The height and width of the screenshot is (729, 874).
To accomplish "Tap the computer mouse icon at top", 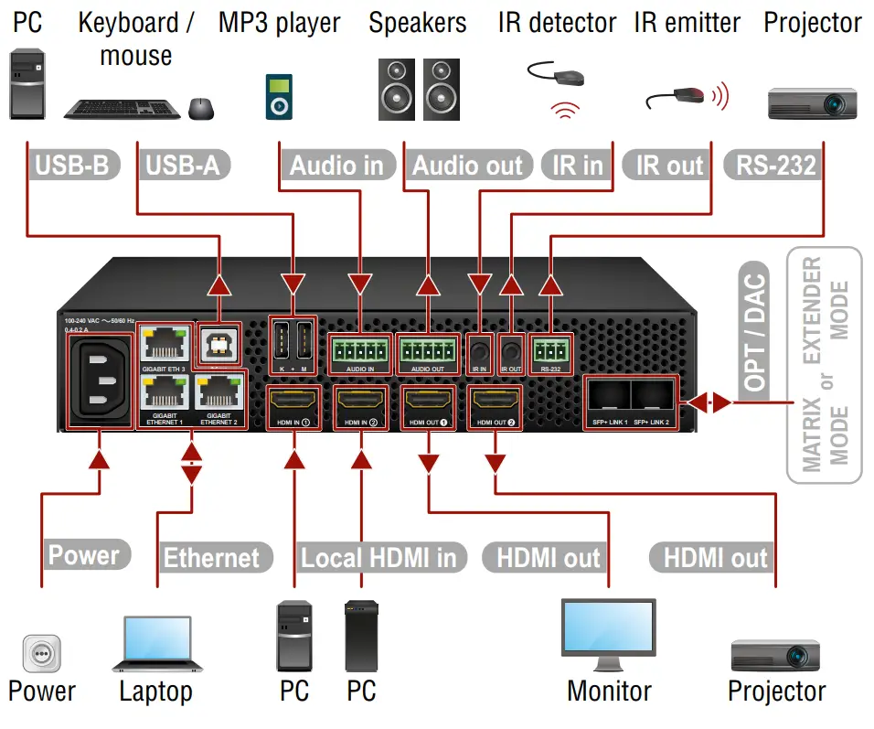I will (201, 109).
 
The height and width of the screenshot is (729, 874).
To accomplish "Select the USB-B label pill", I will (73, 166).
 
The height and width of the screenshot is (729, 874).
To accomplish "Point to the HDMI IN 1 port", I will (293, 402).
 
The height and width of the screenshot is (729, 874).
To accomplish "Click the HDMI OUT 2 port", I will (494, 402).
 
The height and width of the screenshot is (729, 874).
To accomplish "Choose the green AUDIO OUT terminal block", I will (427, 349).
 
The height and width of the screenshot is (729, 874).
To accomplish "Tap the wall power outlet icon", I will (41, 654).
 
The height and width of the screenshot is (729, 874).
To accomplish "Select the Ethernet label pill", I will (210, 556).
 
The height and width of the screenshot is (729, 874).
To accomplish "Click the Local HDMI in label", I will (378, 556).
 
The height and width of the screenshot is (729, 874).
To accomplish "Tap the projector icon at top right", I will (812, 102).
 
